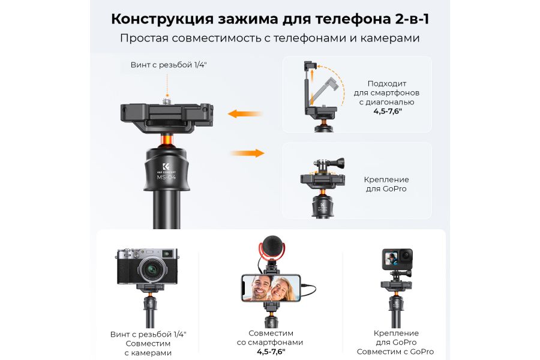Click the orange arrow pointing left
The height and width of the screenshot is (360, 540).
point(245,113)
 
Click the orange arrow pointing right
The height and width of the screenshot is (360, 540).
point(247,153)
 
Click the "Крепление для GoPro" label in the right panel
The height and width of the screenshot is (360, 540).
point(386,184)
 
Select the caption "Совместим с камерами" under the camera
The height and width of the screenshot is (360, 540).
point(148,348)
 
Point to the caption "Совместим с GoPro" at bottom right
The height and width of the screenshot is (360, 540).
point(395,352)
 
